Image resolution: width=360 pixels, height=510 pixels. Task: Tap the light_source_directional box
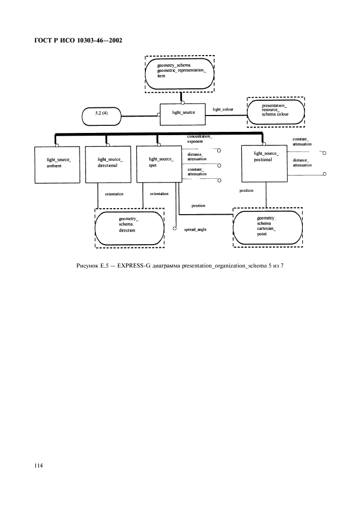pos(107,162)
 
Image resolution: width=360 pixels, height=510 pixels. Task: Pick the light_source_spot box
pos(158,162)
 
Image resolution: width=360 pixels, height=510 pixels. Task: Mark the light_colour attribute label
pos(223,110)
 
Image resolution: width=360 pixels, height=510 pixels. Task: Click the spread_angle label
pos(195,230)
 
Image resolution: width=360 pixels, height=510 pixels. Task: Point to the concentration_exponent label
pos(199,138)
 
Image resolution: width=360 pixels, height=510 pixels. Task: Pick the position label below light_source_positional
pos(246,191)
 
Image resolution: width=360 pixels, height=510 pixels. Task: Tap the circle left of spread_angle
pos(175,229)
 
